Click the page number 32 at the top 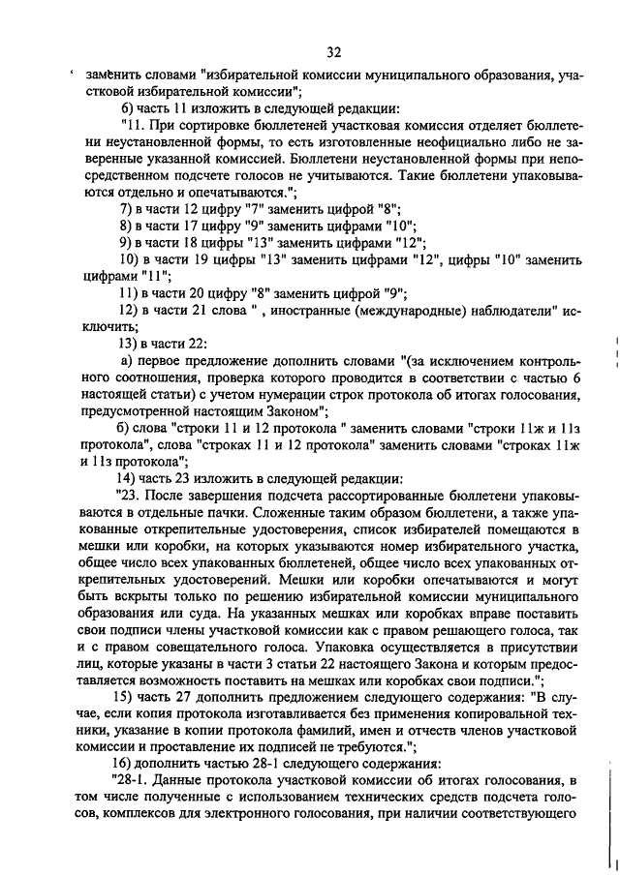333,51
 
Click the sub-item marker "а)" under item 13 126,360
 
